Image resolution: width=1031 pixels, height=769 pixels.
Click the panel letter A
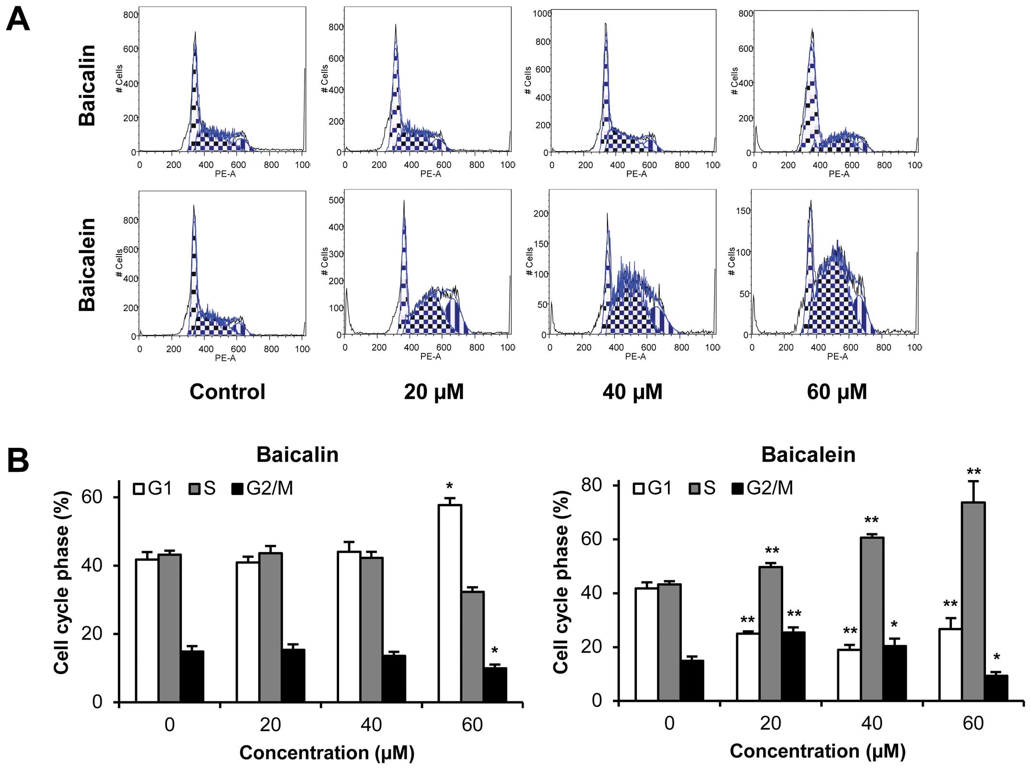[18, 20]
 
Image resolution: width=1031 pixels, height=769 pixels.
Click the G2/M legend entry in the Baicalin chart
[262, 488]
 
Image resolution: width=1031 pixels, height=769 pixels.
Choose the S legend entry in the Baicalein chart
[702, 488]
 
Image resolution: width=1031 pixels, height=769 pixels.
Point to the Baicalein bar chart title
[808, 455]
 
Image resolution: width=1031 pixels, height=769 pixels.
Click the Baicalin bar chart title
[297, 455]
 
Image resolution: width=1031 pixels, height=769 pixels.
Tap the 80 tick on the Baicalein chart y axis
[591, 485]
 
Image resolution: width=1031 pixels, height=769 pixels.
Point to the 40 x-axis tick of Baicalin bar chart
[371, 724]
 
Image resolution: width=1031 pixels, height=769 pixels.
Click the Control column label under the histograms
[227, 392]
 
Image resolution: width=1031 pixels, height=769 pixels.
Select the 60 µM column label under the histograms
[837, 392]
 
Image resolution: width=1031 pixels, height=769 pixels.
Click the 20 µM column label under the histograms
[433, 392]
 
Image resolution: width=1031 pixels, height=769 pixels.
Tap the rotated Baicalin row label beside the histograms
[87, 85]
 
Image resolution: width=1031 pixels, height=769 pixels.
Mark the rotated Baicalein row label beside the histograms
[87, 264]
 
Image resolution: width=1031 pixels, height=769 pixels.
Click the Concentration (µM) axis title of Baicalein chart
[818, 751]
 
